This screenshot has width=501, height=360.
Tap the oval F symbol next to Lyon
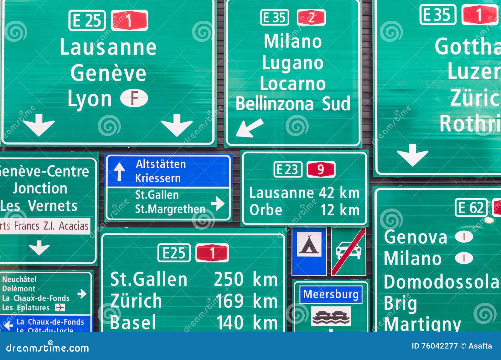click(134, 98)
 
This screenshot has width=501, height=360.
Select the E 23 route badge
click(288, 170)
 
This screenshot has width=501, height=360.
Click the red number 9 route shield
click(321, 170)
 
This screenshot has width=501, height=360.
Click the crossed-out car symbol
click(349, 251)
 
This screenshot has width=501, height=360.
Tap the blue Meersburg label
click(331, 294)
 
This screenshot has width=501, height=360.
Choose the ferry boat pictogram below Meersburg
click(331, 316)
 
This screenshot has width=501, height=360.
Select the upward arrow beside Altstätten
click(119, 172)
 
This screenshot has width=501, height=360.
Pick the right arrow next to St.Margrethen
click(218, 203)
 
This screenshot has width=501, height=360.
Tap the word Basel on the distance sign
click(133, 322)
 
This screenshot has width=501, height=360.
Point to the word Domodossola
click(441, 282)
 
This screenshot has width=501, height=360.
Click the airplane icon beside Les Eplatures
click(60, 308)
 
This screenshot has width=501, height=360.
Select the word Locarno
click(293, 84)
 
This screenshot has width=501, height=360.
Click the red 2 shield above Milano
click(311, 18)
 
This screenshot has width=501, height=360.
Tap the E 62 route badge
click(471, 208)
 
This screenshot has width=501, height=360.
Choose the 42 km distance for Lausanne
click(339, 193)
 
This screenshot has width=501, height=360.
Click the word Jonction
click(40, 188)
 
